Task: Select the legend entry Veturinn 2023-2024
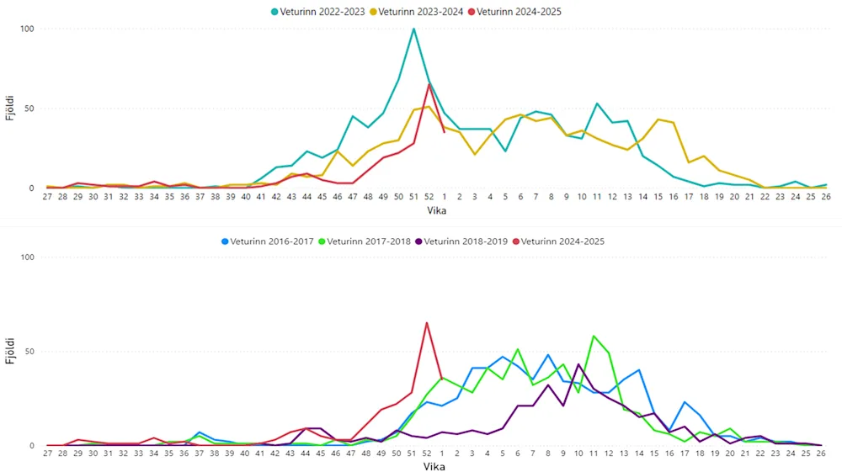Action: coord(421,12)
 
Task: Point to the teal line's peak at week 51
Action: coord(413,29)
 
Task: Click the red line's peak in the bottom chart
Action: coord(427,322)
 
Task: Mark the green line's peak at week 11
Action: coord(594,336)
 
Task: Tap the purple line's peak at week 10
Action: coord(578,364)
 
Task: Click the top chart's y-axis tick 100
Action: coord(28,29)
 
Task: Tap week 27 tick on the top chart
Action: coord(48,197)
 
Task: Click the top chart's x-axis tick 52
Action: coord(429,197)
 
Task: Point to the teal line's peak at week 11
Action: coord(597,103)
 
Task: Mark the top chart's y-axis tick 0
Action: coord(32,188)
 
